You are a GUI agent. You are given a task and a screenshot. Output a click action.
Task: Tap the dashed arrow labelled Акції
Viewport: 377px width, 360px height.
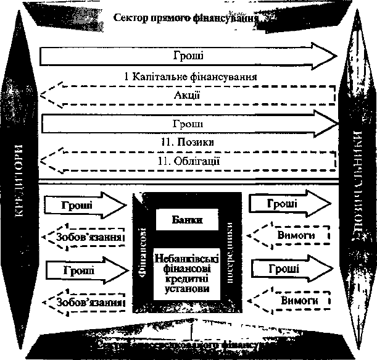(x=191, y=96)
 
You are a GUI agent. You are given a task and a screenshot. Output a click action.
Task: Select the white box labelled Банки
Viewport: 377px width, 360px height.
(x=188, y=219)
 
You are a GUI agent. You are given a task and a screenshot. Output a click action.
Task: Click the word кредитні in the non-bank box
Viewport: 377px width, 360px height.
(x=188, y=278)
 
